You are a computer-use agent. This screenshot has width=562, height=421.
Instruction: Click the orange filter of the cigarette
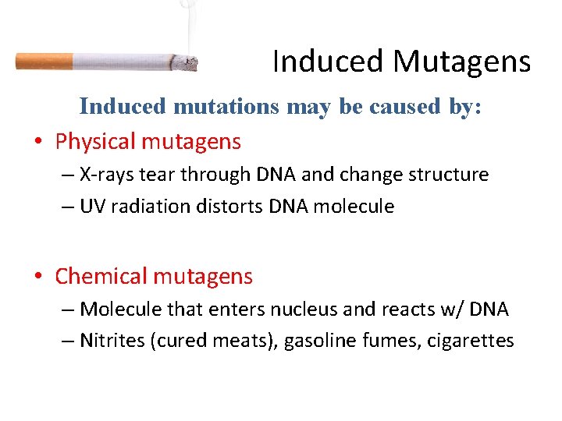point(44,61)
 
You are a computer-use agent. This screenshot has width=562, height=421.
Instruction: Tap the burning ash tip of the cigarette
point(186,63)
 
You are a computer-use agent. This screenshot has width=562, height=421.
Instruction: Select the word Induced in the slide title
point(328,62)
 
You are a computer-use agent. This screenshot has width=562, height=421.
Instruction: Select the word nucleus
point(304,310)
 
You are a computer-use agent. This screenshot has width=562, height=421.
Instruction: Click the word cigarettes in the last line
point(471,341)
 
